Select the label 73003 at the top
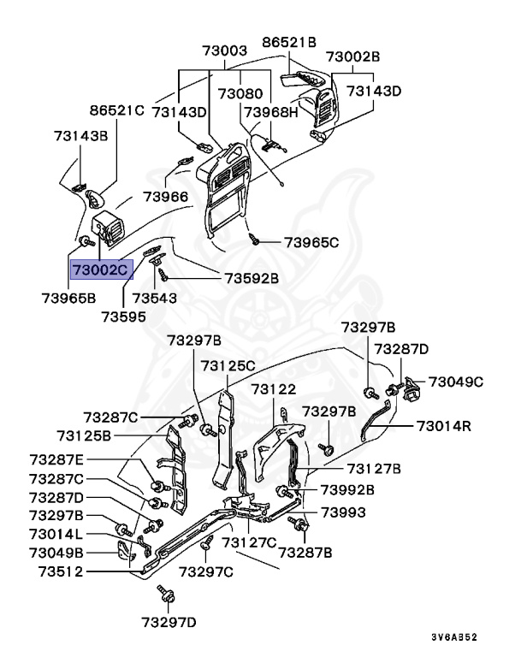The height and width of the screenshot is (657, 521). [224, 50]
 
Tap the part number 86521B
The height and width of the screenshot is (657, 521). [288, 41]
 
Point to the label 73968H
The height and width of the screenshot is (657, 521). [271, 111]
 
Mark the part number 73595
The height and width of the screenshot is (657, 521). [123, 316]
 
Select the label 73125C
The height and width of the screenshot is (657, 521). [228, 365]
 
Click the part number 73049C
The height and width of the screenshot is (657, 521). [456, 381]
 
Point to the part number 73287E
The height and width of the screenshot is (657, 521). [57, 460]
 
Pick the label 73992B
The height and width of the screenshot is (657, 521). [347, 490]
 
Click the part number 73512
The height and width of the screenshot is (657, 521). [56, 571]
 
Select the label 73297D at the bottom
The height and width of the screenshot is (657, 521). [169, 621]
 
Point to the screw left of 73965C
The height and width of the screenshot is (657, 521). [254, 239]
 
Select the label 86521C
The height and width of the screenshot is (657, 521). [117, 110]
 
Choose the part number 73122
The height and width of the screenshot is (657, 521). [273, 389]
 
